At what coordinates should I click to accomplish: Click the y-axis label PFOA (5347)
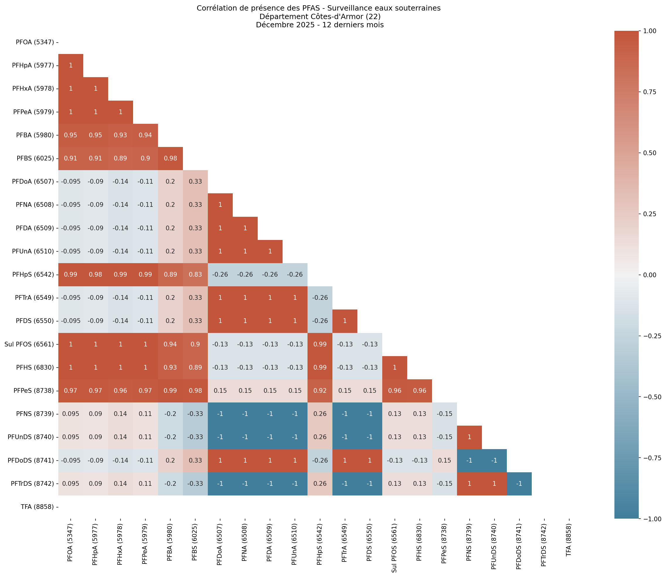tap(35, 42)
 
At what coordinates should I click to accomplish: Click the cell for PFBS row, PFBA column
tap(170, 158)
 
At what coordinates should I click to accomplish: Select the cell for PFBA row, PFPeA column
tap(145, 135)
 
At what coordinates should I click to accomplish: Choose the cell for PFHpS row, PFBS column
tap(195, 275)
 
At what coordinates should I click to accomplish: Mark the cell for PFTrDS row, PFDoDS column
tap(519, 484)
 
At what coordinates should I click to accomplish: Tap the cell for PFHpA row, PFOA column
tap(71, 66)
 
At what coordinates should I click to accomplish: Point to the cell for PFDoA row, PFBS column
tap(195, 182)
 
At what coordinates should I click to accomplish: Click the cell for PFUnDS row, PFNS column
tap(469, 437)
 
